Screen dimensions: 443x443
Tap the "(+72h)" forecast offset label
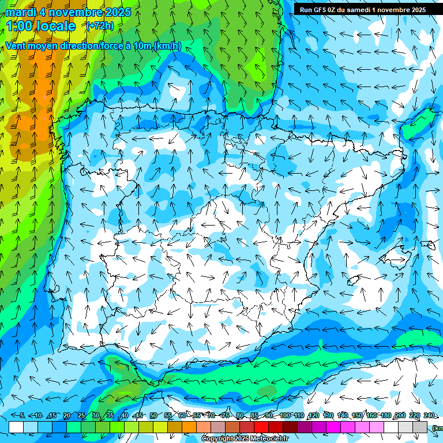click(100, 25)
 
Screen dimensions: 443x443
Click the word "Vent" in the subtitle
click(16, 46)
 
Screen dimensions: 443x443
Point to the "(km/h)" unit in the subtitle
click(167, 46)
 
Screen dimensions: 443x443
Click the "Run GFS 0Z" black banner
click(363, 9)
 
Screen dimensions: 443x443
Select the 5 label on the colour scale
click(22, 415)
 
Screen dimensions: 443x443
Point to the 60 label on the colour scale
click(182, 415)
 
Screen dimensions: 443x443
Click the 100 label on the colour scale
click(285, 415)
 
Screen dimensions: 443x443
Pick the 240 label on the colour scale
click(429, 415)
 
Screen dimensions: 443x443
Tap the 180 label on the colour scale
click(386, 415)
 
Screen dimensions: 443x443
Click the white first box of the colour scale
click(16, 427)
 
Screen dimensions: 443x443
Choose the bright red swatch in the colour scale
click(261, 427)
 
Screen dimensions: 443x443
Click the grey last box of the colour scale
click(420, 427)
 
